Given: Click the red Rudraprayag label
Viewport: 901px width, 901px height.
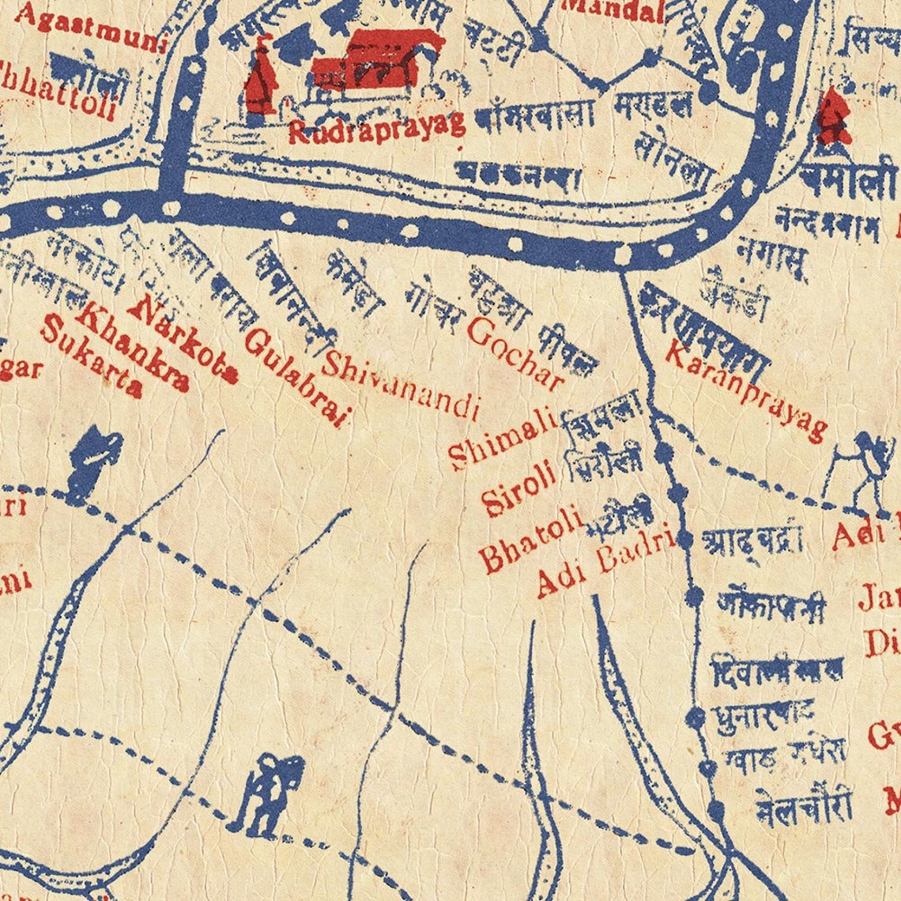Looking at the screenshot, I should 376,126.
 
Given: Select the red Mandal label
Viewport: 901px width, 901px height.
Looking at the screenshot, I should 613,9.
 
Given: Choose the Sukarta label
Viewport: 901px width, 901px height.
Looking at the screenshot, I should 91,358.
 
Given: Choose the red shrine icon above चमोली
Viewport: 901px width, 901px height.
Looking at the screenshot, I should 832,118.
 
